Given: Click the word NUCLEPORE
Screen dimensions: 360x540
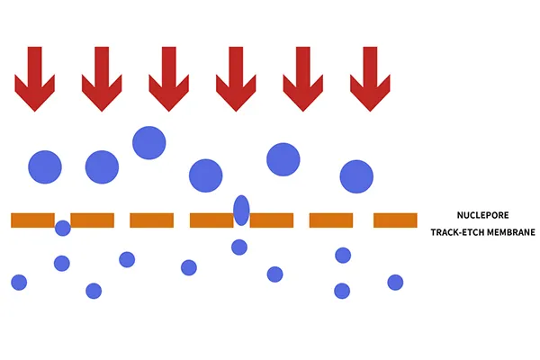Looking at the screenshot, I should pyautogui.click(x=483, y=215).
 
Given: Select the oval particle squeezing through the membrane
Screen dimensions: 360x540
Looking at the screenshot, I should pyautogui.click(x=241, y=210).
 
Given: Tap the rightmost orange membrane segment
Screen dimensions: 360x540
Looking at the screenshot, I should pyautogui.click(x=395, y=220).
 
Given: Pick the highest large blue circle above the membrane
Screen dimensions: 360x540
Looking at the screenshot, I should pyautogui.click(x=148, y=142).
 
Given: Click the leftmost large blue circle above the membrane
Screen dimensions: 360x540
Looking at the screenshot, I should pyautogui.click(x=45, y=166).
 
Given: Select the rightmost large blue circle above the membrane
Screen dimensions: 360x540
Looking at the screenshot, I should pyautogui.click(x=356, y=175).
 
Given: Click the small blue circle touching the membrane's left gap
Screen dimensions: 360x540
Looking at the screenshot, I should pyautogui.click(x=63, y=228).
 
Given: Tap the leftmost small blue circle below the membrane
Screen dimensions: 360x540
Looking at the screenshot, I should pyautogui.click(x=19, y=282).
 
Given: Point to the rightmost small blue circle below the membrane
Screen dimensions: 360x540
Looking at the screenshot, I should pyautogui.click(x=395, y=282).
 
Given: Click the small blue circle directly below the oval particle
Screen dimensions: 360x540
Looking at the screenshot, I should pyautogui.click(x=239, y=247).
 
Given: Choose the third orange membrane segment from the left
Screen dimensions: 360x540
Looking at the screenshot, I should pyautogui.click(x=151, y=220).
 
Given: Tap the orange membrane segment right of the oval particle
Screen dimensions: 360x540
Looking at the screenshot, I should pyautogui.click(x=273, y=220).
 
